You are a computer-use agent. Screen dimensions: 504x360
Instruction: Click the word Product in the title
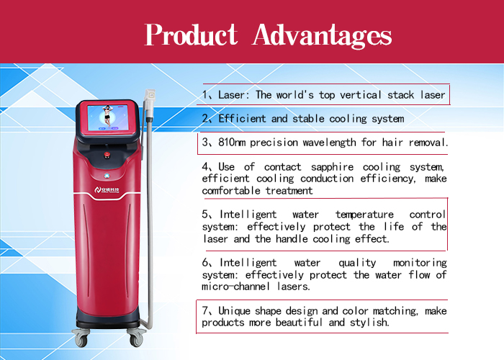pyautogui.click(x=192, y=35)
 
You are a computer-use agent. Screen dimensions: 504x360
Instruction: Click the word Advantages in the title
pyautogui.click(x=322, y=36)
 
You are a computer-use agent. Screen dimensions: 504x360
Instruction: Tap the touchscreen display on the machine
pyautogui.click(x=108, y=117)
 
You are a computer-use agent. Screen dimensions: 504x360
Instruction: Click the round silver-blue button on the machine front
pyautogui.click(x=107, y=176)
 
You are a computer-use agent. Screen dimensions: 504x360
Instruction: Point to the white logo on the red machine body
pyautogui.click(x=107, y=190)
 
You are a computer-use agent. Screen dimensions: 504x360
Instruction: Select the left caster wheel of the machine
pyautogui.click(x=81, y=339)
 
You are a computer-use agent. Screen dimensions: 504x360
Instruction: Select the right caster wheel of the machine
pyautogui.click(x=136, y=339)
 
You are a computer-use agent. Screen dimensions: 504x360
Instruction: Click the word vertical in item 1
pyautogui.click(x=361, y=95)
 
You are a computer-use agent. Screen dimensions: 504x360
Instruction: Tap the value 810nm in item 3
pyautogui.click(x=232, y=143)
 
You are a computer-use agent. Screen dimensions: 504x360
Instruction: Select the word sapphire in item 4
pyautogui.click(x=333, y=167)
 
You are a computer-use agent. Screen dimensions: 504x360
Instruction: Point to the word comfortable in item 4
pyautogui.click(x=231, y=191)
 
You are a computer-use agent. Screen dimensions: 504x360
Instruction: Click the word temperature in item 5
pyautogui.click(x=364, y=215)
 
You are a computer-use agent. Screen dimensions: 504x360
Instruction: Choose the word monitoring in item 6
pyautogui.click(x=420, y=263)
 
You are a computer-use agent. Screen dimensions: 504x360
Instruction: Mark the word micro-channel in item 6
pyautogui.click(x=236, y=286)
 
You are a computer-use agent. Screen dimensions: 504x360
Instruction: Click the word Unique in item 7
pyautogui.click(x=234, y=311)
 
